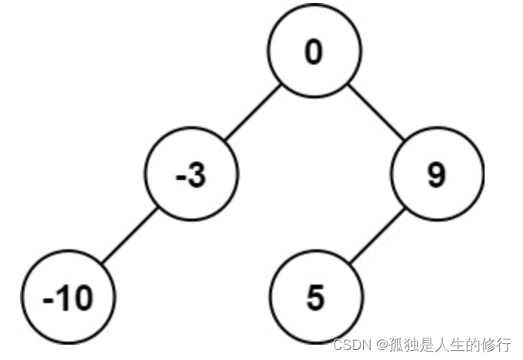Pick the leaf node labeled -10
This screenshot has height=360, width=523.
(x=68, y=298)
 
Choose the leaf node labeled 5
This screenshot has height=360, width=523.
(x=316, y=298)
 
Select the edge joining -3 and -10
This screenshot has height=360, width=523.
(x=131, y=237)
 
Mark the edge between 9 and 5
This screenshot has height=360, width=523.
(x=377, y=237)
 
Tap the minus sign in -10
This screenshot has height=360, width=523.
(x=50, y=299)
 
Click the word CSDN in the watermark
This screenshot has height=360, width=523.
(x=350, y=344)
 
